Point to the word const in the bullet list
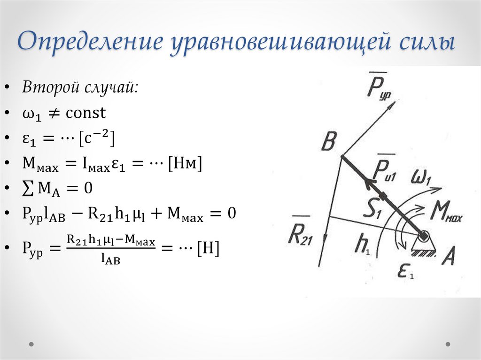(x=86, y=113)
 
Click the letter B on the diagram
(x=329, y=141)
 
